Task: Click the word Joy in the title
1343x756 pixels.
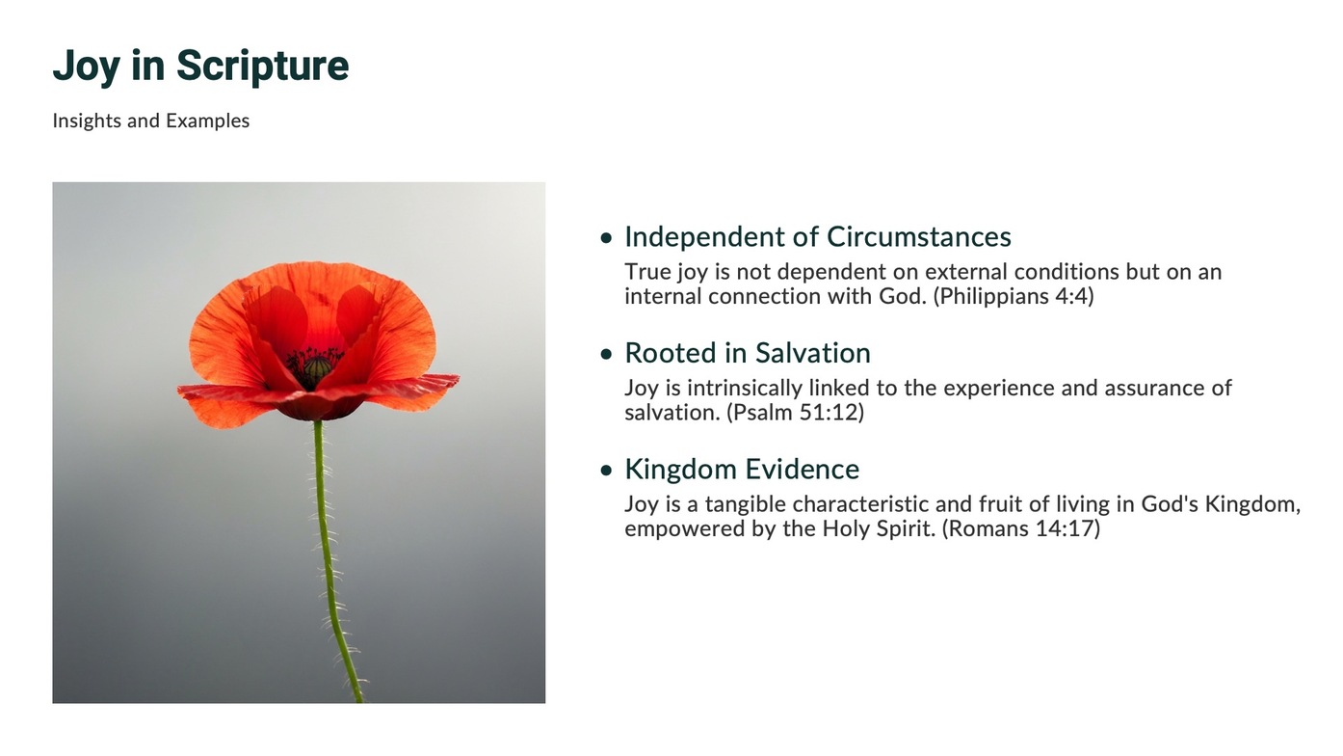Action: (87, 66)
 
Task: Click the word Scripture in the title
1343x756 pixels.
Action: (263, 66)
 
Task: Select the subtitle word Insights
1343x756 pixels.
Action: (87, 121)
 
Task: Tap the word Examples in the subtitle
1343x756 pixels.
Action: (207, 121)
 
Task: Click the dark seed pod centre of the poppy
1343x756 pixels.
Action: (316, 366)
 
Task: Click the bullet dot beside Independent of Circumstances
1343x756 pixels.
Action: (606, 238)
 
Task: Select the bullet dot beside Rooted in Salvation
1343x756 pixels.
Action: (606, 354)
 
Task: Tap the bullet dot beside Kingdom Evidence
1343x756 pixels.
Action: (606, 471)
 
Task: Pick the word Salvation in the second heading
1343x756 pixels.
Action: (812, 353)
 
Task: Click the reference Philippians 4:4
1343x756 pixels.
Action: (1014, 296)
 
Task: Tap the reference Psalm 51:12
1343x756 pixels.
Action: (795, 413)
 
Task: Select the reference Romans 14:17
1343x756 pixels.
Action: (1021, 529)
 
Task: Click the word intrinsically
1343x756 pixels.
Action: (746, 389)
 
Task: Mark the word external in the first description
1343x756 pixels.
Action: (966, 272)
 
